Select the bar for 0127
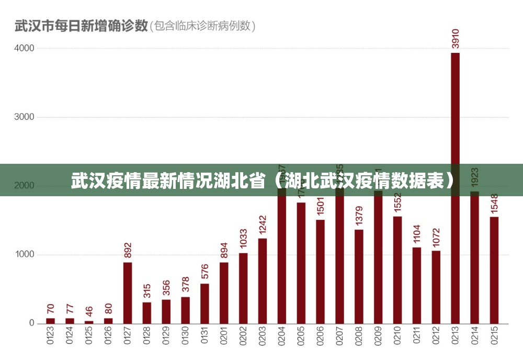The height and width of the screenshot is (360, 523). coord(128,292)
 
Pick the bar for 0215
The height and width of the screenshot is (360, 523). coord(494,270)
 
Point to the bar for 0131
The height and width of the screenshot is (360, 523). coord(204,303)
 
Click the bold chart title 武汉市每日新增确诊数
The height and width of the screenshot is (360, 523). coord(81,26)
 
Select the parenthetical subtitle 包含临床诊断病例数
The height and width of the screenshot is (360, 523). coord(203,26)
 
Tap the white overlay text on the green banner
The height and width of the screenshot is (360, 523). coord(261,181)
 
